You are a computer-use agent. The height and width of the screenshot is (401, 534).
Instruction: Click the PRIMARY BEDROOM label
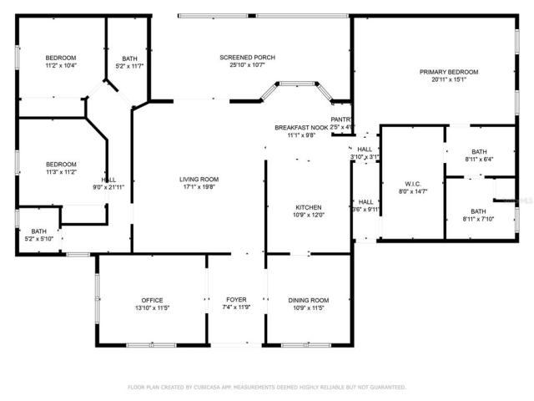click(x=448, y=73)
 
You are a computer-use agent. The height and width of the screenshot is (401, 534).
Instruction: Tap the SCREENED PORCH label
click(x=247, y=57)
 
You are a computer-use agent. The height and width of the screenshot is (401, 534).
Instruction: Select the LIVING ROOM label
click(x=199, y=179)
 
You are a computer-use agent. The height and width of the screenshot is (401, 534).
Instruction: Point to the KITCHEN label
click(x=308, y=206)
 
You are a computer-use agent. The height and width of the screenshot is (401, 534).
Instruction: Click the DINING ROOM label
click(x=308, y=300)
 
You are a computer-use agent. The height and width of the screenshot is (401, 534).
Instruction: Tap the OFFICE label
click(x=152, y=300)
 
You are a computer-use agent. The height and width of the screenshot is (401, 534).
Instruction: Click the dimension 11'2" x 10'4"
click(x=61, y=65)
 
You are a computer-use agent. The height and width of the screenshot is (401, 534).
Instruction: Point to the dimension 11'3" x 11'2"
click(x=61, y=172)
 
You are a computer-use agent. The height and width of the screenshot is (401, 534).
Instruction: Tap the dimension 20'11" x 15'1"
click(x=448, y=81)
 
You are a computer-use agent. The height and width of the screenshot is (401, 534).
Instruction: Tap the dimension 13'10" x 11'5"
click(x=152, y=308)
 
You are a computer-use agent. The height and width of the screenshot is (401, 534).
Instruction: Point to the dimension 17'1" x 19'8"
click(x=199, y=187)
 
